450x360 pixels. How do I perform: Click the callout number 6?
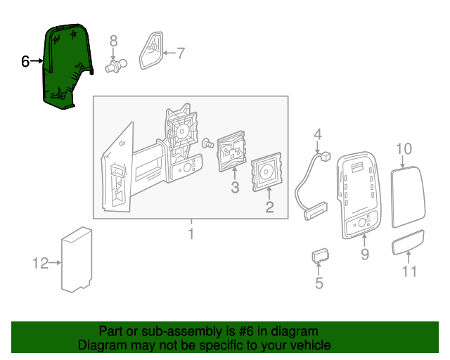pyautogui.click(x=25, y=61)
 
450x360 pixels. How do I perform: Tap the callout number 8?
pyautogui.click(x=113, y=41)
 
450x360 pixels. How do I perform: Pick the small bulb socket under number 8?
pyautogui.click(x=115, y=66)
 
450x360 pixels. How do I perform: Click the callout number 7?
pyautogui.click(x=180, y=53)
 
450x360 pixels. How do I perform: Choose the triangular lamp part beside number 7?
pyautogui.click(x=151, y=51)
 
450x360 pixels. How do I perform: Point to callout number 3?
pyautogui.click(x=235, y=188)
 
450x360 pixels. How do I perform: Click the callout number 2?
pyautogui.click(x=269, y=207)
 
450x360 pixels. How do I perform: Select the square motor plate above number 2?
pyautogui.click(x=266, y=172)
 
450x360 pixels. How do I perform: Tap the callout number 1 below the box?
pyautogui.click(x=191, y=233)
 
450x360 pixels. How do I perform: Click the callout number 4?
pyautogui.click(x=317, y=134)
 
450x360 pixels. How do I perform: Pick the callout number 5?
pyautogui.click(x=319, y=283)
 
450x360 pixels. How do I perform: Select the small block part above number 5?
pyautogui.click(x=321, y=255)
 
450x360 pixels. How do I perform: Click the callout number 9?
pyautogui.click(x=365, y=254)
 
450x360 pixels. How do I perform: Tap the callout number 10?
pyautogui.click(x=404, y=148)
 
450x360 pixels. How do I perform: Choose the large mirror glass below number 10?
pyautogui.click(x=408, y=197)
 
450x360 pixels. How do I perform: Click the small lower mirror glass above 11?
pyautogui.click(x=408, y=242)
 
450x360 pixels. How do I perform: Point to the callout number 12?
pyautogui.click(x=41, y=263)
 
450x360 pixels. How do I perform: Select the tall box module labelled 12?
pyautogui.click(x=77, y=259)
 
